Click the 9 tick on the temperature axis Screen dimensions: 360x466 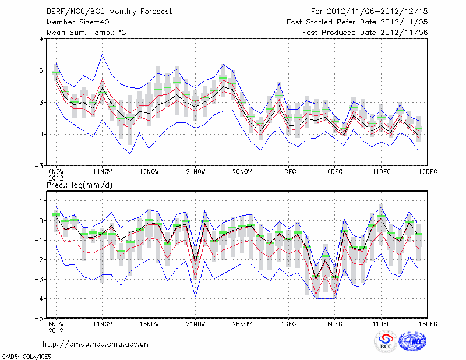pyautogui.click(x=41, y=38)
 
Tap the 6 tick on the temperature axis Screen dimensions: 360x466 pyautogui.click(x=41, y=70)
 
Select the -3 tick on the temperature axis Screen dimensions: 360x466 pyautogui.click(x=39, y=166)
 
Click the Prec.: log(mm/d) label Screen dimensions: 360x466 pyautogui.click(x=79, y=185)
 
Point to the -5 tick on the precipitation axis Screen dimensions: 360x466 pyautogui.click(x=39, y=319)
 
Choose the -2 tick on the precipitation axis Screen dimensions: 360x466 pyautogui.click(x=39, y=260)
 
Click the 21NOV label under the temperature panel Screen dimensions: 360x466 pyautogui.click(x=195, y=172)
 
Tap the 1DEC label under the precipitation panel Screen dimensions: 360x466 pyautogui.click(x=288, y=324)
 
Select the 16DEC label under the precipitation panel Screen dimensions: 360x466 pyautogui.click(x=428, y=324)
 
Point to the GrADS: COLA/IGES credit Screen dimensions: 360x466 pyautogui.click(x=23, y=355)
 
